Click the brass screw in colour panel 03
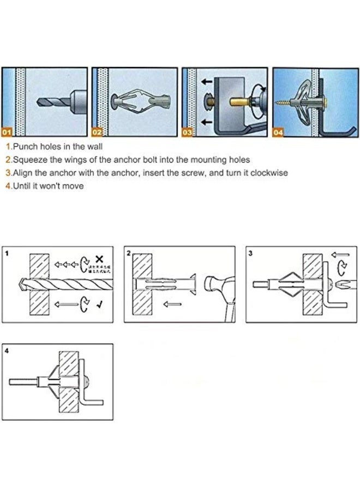click(239, 101)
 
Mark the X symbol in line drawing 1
click(99, 259)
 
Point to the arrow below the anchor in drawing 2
click(174, 306)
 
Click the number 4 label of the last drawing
click(7, 351)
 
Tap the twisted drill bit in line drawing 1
click(55, 284)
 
